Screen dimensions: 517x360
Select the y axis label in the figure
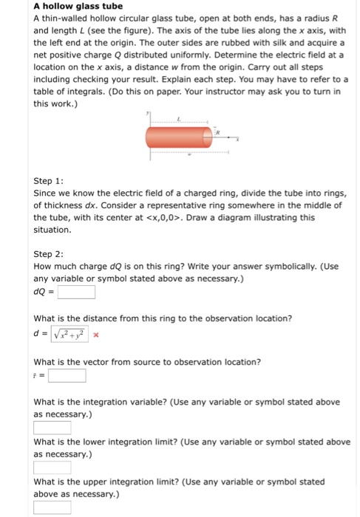(x=149, y=117)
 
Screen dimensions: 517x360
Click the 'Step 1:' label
(x=49, y=180)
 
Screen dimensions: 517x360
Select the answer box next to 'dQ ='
(x=77, y=292)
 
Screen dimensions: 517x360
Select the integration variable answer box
(x=52, y=428)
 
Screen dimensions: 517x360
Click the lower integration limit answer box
(x=52, y=468)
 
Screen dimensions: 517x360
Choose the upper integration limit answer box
(x=52, y=507)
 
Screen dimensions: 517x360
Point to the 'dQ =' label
(x=44, y=292)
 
